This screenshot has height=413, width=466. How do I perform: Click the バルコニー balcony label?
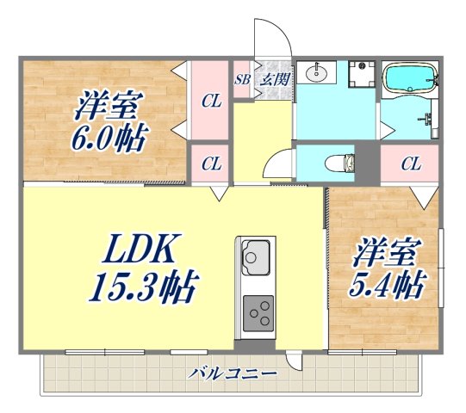(234, 374)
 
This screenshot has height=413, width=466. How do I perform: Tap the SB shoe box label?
(242, 79)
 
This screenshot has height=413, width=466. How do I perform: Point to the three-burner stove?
(258, 311)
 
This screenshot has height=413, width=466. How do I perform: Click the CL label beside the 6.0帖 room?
(210, 102)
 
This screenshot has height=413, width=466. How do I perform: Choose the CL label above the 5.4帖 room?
(409, 163)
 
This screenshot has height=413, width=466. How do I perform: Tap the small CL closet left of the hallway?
(210, 163)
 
